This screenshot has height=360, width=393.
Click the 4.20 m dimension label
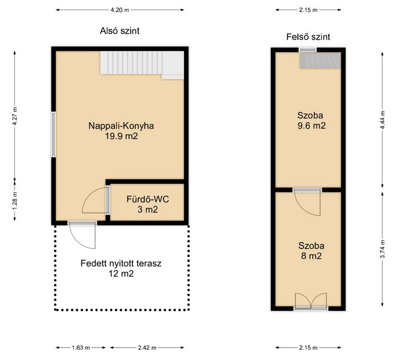(120, 10)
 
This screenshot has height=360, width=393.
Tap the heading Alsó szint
(120, 31)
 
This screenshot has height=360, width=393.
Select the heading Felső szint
(308, 37)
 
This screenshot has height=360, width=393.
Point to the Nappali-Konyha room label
(121, 126)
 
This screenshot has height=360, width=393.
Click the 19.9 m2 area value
(122, 136)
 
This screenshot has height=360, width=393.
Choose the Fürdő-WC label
(147, 199)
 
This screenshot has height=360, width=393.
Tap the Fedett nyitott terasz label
(121, 264)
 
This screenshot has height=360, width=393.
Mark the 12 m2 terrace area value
(121, 274)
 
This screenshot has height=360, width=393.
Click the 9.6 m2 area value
(312, 126)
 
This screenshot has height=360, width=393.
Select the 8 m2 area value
(312, 256)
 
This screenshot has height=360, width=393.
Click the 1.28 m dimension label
(15, 201)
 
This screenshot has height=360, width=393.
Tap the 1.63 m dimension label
(81, 348)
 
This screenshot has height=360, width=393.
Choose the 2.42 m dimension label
(147, 348)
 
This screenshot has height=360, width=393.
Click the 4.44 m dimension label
(382, 120)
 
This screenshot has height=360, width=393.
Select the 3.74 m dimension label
(382, 249)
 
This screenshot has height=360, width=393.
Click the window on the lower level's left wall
(53, 134)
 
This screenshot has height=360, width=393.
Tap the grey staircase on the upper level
(321, 60)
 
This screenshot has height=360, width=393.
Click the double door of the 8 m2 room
(311, 301)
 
